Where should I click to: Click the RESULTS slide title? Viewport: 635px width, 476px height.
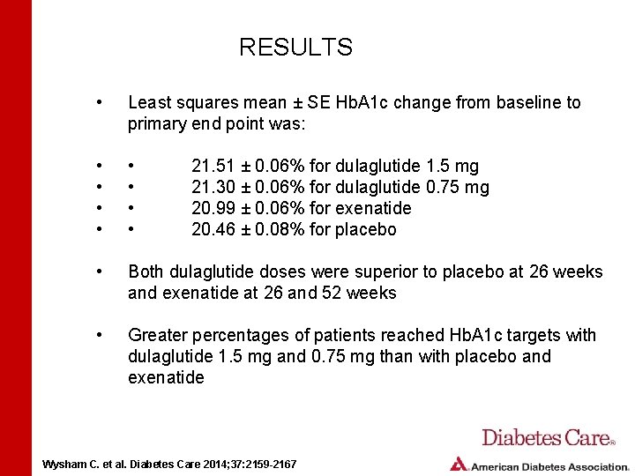(295, 48)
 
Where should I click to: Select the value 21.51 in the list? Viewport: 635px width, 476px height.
(211, 167)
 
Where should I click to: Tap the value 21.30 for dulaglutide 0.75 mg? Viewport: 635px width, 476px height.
(211, 188)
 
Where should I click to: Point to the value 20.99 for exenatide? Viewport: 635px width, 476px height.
(211, 209)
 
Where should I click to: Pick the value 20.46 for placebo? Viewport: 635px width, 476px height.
(211, 230)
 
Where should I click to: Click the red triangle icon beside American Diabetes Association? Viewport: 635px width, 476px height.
(459, 464)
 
